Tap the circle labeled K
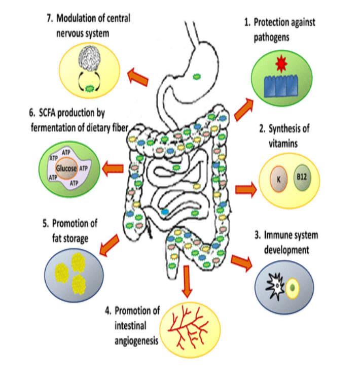(278, 179)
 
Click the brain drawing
(90, 60)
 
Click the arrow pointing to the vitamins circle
(245, 189)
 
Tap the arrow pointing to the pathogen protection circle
(244, 109)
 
